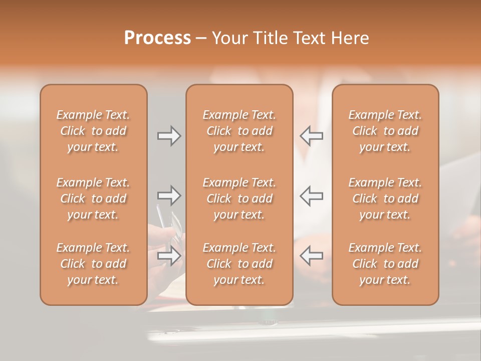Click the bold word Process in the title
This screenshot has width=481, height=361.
tap(157, 38)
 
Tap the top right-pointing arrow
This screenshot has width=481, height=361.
tap(169, 136)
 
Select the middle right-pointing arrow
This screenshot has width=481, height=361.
tap(169, 196)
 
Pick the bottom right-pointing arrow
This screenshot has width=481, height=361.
tap(169, 256)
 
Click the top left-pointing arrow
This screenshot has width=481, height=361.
tap(311, 136)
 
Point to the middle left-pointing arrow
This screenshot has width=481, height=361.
tap(311, 196)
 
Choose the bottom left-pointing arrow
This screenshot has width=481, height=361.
tap(311, 256)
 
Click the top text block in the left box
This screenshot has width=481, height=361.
tap(93, 131)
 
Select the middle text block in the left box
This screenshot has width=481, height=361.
tap(93, 199)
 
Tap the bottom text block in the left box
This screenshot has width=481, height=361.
tap(93, 264)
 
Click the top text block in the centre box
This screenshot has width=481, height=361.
tap(239, 131)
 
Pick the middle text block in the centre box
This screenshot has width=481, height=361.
tap(239, 199)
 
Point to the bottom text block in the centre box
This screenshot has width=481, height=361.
tap(239, 264)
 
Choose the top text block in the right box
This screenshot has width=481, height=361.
tap(385, 131)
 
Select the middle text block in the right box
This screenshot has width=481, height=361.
tap(385, 199)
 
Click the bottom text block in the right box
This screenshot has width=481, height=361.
tap(385, 264)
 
